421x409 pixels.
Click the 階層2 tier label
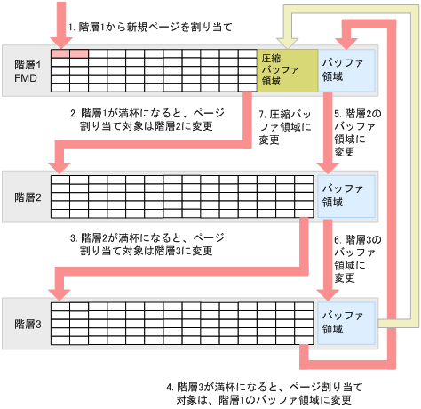[x=24, y=196]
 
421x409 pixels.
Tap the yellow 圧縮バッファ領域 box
[x=286, y=68]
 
